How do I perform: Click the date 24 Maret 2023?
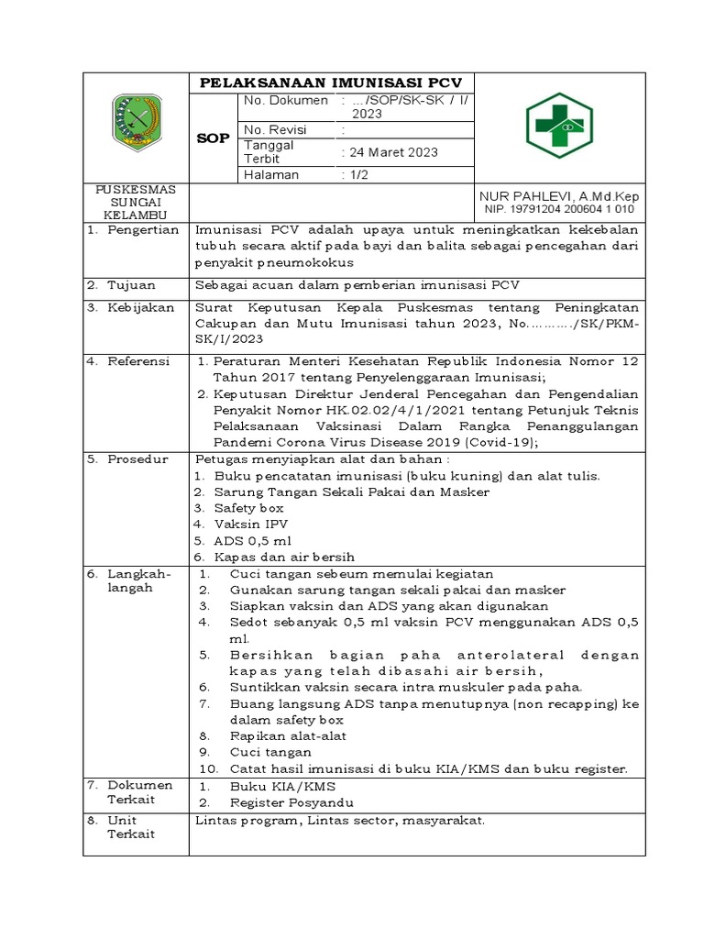(x=389, y=151)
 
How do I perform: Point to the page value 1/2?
(x=354, y=174)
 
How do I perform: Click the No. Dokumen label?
(x=285, y=100)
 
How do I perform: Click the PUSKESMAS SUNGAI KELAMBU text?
(x=136, y=201)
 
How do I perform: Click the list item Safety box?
(x=248, y=507)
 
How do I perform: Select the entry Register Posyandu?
(x=292, y=801)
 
